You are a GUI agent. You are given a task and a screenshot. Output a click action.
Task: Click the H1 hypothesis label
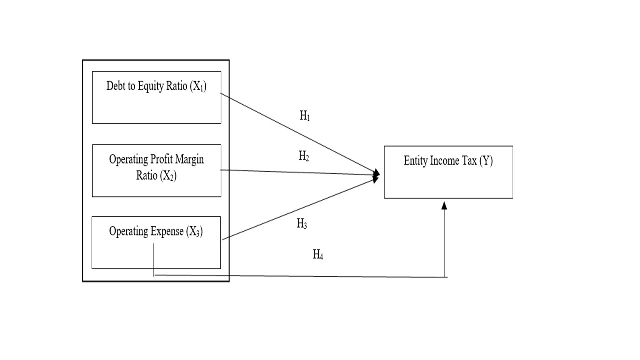pyautogui.click(x=305, y=117)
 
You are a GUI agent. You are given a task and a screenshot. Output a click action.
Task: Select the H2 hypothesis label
pyautogui.click(x=304, y=156)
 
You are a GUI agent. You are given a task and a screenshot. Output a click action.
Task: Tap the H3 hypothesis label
pyautogui.click(x=302, y=223)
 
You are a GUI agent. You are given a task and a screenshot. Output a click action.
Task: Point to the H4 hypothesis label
pyautogui.click(x=318, y=255)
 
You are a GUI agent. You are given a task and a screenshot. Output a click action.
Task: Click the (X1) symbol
pyautogui.click(x=198, y=87)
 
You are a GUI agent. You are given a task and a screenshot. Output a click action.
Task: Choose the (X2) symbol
pyautogui.click(x=168, y=176)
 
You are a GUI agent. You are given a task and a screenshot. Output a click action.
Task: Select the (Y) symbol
pyautogui.click(x=486, y=161)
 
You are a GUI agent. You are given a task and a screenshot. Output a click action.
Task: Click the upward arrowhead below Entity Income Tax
pyautogui.click(x=444, y=205)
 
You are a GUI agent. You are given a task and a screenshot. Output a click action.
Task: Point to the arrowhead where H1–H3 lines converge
pyautogui.click(x=377, y=174)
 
